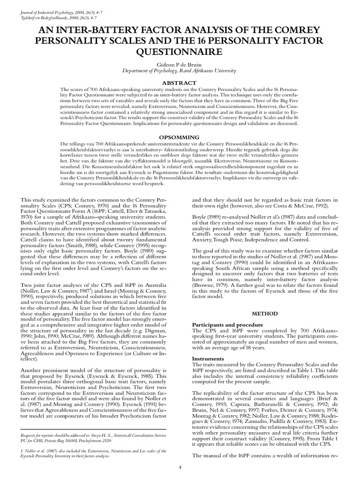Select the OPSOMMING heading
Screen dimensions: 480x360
tap(180, 137)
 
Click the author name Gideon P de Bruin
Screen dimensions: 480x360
tap(180, 63)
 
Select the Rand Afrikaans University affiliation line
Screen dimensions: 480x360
tap(180, 70)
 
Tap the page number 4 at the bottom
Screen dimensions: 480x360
tap(180, 467)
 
